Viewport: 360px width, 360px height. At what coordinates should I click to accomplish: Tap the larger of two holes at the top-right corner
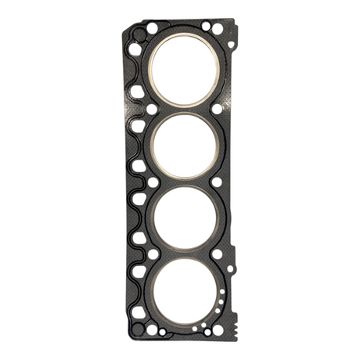pos(206,26)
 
